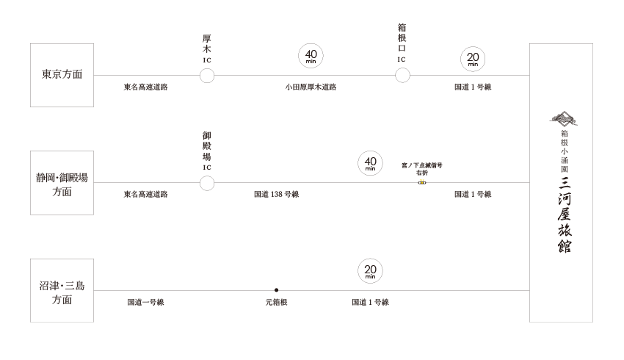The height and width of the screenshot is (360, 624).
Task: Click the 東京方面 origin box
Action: [62, 75]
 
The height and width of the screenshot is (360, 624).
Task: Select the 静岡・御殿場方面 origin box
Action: [62, 183]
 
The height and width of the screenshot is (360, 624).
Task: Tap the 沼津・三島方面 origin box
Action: [62, 291]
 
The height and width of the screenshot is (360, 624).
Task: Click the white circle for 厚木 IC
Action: [207, 76]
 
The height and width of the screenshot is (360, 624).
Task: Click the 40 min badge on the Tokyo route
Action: [311, 57]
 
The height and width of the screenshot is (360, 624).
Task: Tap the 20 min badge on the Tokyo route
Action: [473, 60]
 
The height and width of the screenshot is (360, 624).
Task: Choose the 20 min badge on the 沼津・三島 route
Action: [370, 272]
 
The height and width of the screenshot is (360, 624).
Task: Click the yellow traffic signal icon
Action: [421, 180]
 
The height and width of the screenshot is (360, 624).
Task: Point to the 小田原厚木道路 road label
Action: [311, 87]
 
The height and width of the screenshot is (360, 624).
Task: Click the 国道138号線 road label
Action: [275, 195]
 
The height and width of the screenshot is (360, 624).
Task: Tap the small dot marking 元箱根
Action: [276, 290]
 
